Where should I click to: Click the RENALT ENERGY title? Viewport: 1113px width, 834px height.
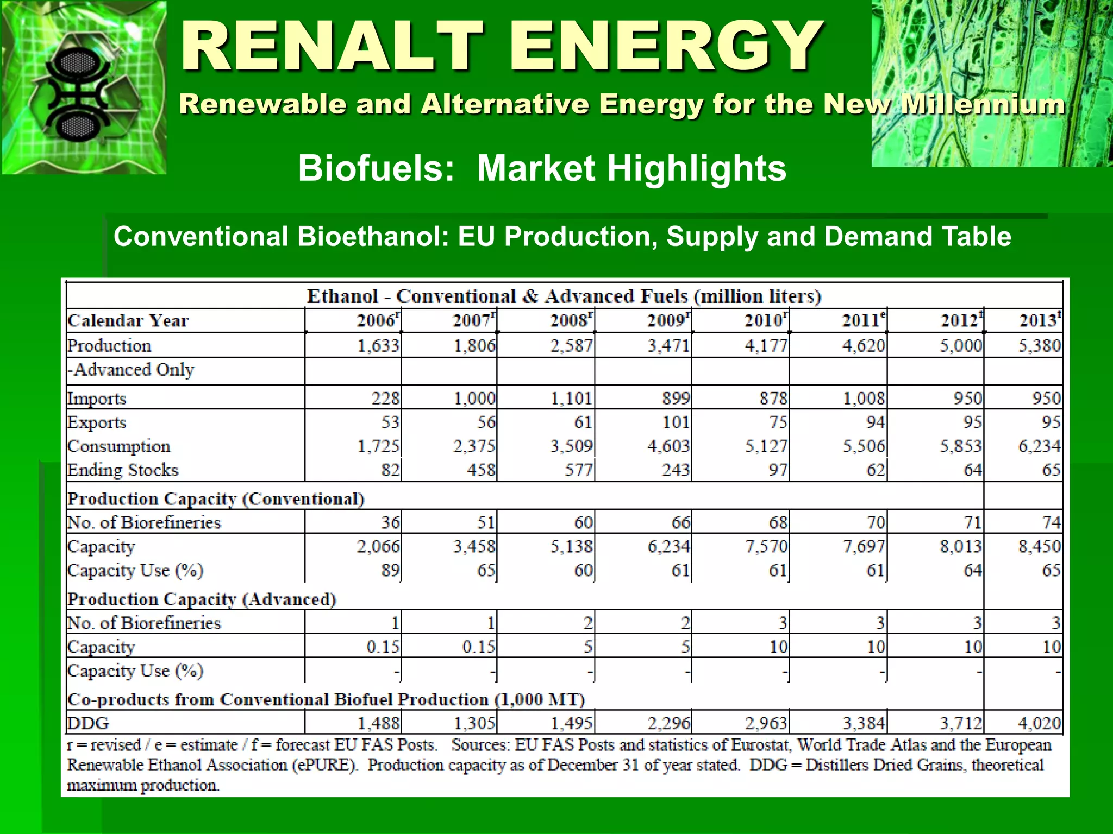click(501, 46)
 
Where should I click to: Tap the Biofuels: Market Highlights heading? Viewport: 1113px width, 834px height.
click(542, 168)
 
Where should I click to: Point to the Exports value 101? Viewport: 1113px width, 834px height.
click(675, 422)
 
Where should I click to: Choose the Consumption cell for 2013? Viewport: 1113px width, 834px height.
click(1039, 446)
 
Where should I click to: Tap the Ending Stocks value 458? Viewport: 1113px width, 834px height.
click(481, 470)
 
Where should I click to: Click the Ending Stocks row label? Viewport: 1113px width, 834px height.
click(123, 470)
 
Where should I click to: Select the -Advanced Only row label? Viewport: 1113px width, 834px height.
click(131, 370)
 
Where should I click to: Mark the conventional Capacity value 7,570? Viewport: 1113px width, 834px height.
click(766, 546)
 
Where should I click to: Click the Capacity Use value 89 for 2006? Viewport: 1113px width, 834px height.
click(390, 570)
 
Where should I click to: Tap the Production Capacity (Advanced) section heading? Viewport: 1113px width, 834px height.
click(202, 599)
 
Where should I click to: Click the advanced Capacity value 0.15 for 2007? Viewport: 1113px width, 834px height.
click(478, 647)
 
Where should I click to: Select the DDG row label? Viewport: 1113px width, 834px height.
click(88, 723)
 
